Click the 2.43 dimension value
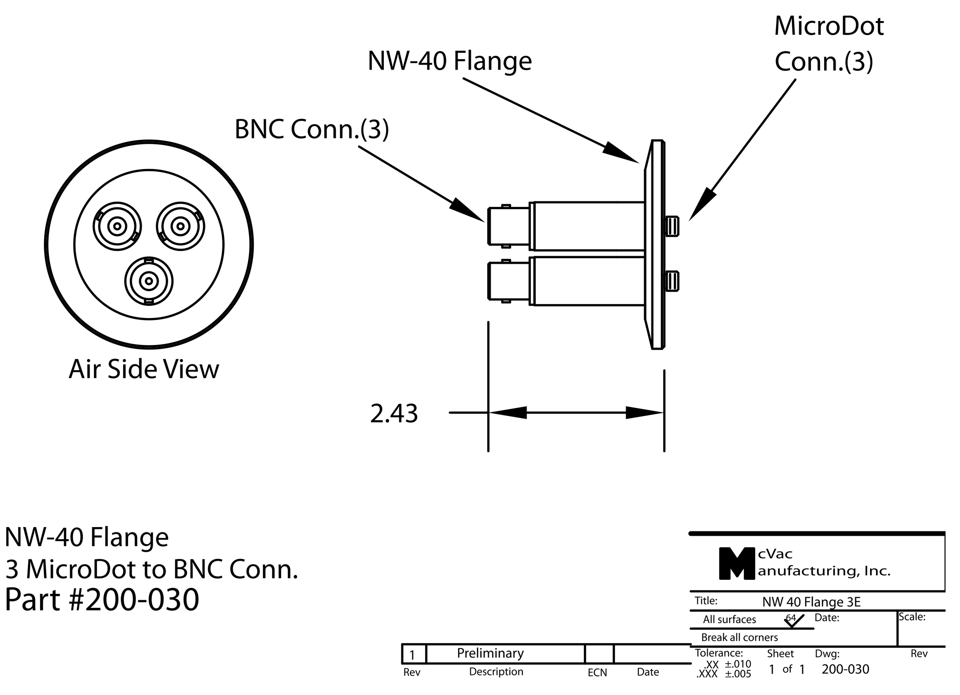[x=394, y=414]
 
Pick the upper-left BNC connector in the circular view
[x=117, y=226]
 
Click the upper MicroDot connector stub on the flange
[x=672, y=226]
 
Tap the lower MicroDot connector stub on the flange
[x=672, y=281]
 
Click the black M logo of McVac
[x=736, y=563]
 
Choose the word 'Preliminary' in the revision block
[x=490, y=653]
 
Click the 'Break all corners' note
[x=740, y=637]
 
